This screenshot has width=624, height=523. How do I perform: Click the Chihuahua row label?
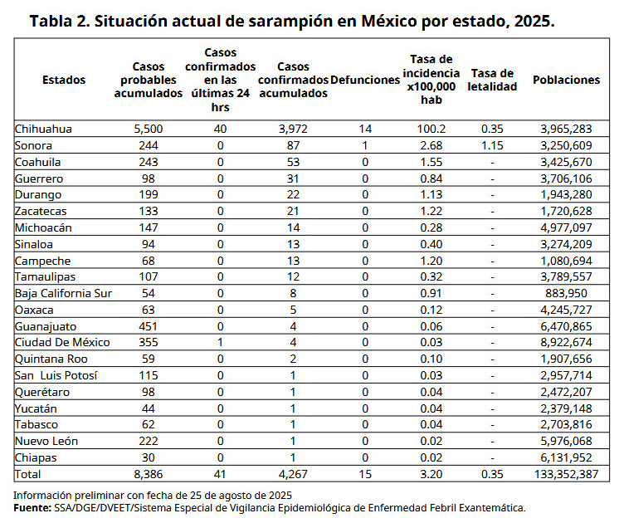tap(43, 129)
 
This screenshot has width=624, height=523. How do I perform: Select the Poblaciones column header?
tap(566, 80)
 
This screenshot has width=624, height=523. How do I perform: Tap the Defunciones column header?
tap(365, 80)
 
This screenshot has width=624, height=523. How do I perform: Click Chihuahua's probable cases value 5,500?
tap(149, 129)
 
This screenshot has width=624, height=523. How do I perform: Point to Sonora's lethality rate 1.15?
tap(492, 145)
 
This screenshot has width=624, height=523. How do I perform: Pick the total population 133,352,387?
tap(566, 474)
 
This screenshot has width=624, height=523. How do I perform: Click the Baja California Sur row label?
tap(63, 293)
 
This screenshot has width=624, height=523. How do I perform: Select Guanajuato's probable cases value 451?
tap(149, 326)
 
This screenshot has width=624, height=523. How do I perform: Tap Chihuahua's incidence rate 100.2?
tap(431, 129)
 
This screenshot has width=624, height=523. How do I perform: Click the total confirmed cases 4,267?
tap(293, 474)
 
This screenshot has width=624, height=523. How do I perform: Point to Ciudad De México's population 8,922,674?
tap(566, 342)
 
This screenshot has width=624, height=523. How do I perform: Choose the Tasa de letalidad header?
tap(492, 80)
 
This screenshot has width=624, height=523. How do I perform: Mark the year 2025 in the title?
tap(534, 21)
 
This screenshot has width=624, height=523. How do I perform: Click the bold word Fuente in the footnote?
tap(32, 508)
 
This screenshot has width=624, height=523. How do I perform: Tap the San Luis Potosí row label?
tap(56, 375)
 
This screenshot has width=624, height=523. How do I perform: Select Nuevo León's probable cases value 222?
tap(149, 441)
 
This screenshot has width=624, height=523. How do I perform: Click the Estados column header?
tap(64, 80)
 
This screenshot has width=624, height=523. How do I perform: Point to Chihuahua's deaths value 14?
tap(365, 129)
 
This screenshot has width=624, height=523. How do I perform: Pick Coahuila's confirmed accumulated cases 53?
tap(293, 162)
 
